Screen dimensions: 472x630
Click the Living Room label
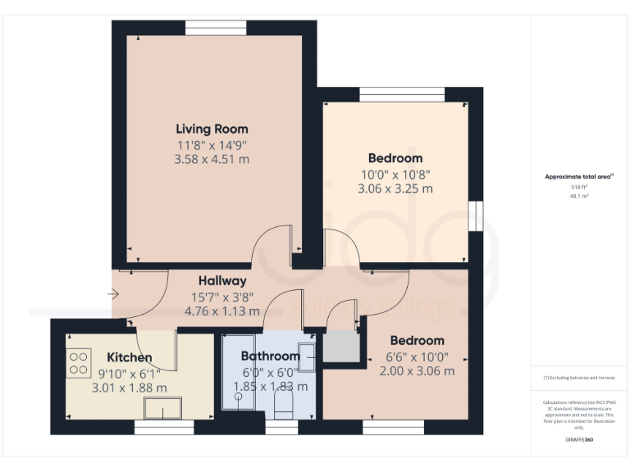[212, 129]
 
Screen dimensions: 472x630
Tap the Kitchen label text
[129, 357]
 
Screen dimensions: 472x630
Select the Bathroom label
[270, 356]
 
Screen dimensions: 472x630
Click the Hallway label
[221, 281]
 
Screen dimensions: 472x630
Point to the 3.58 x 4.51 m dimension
[212, 159]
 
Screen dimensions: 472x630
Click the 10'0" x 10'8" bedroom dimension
[395, 174]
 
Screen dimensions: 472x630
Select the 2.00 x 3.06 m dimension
[417, 370]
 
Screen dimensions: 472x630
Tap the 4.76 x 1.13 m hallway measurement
[221, 311]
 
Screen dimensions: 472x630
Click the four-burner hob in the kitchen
[79, 362]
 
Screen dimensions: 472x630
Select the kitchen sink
[163, 407]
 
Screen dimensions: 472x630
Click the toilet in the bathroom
[282, 403]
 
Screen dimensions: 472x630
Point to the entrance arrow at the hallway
[112, 293]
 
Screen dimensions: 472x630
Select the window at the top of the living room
[216, 28]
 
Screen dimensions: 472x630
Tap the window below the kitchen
[163, 427]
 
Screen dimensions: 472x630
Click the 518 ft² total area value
[580, 187]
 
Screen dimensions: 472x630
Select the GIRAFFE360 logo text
[579, 440]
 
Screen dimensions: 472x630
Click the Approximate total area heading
[579, 176]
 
